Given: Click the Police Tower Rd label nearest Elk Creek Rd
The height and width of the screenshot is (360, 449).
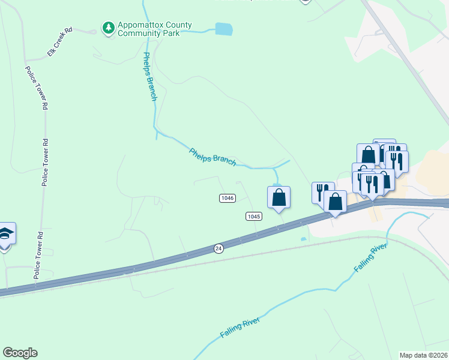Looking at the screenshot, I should [x=35, y=88].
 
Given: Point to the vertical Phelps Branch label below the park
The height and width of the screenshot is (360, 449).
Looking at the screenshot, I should [x=149, y=76].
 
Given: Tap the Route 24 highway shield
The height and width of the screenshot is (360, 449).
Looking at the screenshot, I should [x=218, y=248].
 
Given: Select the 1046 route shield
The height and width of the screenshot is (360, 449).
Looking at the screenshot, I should [x=227, y=197].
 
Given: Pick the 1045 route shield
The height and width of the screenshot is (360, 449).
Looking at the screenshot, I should [x=254, y=215].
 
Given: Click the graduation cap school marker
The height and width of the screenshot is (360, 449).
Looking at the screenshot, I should [x=5, y=234].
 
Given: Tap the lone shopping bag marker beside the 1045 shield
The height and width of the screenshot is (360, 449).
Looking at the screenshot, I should [x=279, y=197].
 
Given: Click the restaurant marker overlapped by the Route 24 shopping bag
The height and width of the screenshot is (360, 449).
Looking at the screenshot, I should [x=322, y=192].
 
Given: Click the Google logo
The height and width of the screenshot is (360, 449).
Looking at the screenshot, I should [x=20, y=353].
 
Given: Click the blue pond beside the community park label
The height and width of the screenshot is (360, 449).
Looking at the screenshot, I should [x=223, y=28].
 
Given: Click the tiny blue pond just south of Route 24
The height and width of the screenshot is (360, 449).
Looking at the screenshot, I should [x=303, y=239].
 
